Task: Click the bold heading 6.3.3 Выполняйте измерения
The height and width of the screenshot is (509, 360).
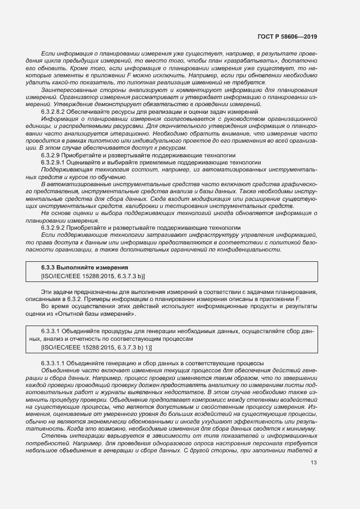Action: coord(84,268)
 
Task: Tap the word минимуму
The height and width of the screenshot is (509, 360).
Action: coord(301,428)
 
